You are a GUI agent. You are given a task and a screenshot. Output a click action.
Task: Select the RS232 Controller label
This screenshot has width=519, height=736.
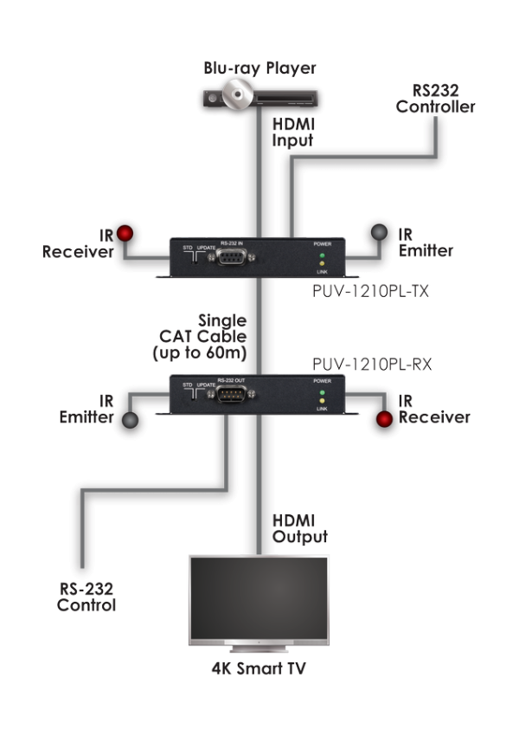[435, 99]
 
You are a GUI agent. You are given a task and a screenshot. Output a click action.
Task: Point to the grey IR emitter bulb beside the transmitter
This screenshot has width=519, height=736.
[379, 233]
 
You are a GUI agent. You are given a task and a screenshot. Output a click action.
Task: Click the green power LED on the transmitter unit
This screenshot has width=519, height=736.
[321, 256]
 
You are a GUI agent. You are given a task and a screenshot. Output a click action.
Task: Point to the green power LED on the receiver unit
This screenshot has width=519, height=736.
[321, 393]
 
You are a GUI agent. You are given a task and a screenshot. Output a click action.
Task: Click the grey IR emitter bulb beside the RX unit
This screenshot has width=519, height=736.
[129, 420]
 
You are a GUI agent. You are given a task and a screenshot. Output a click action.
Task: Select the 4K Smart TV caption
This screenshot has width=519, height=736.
[259, 668]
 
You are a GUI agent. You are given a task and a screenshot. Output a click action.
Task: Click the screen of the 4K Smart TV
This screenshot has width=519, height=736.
[259, 597]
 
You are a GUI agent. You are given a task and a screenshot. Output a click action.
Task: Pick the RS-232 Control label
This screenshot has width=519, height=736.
[86, 597]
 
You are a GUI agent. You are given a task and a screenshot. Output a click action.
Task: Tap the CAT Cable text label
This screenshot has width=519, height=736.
[208, 337]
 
